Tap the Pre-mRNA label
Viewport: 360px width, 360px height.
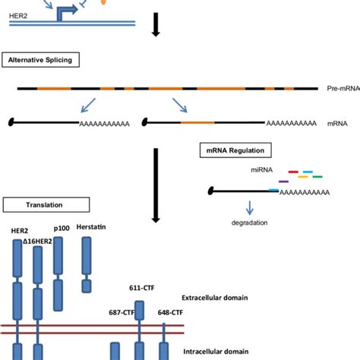pyautogui.click(x=343, y=90)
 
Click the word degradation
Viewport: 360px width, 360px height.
pyautogui.click(x=251, y=223)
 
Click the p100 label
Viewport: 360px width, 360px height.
pyautogui.click(x=62, y=228)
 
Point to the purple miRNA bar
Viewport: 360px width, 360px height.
pyautogui.click(x=284, y=182)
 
